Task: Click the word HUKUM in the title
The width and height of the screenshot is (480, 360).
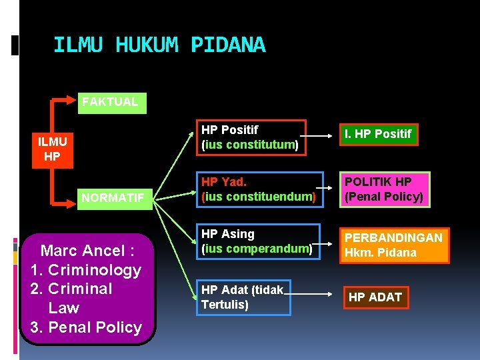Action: [147, 45]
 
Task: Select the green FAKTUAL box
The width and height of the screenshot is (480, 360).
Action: [111, 102]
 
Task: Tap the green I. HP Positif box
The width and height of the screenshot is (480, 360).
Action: [377, 134]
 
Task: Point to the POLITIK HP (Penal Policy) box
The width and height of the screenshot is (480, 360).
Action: [384, 189]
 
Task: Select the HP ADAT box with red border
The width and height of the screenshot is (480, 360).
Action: [375, 297]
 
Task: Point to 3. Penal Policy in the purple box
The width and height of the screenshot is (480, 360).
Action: [86, 327]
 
